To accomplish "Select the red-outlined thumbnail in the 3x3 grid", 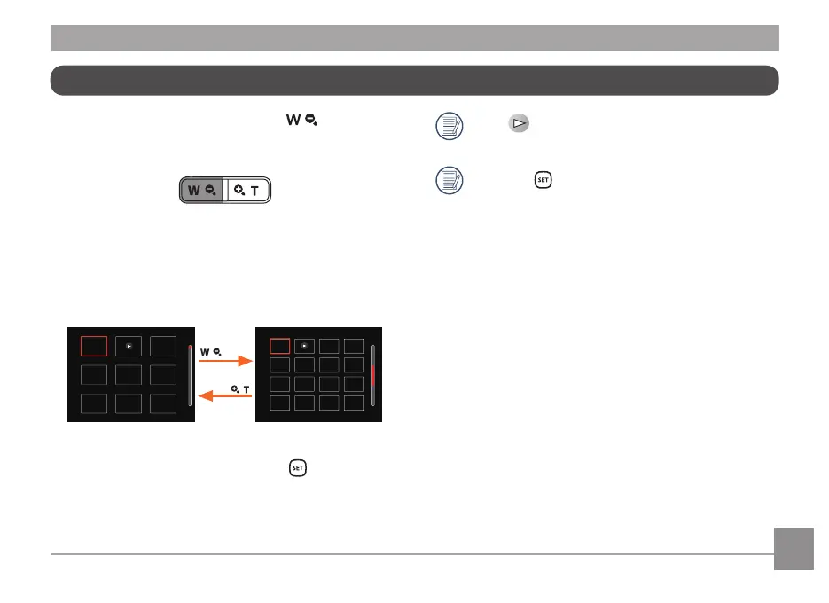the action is tap(94, 346).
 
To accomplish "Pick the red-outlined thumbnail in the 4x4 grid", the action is tap(279, 346).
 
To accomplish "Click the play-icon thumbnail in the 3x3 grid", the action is tap(129, 346).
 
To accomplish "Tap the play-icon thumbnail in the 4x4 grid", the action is tap(304, 346).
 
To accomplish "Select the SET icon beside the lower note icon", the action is tap(543, 179).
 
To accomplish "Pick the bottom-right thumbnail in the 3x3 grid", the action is tap(163, 403).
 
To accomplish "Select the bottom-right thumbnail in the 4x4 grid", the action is tap(354, 403).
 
